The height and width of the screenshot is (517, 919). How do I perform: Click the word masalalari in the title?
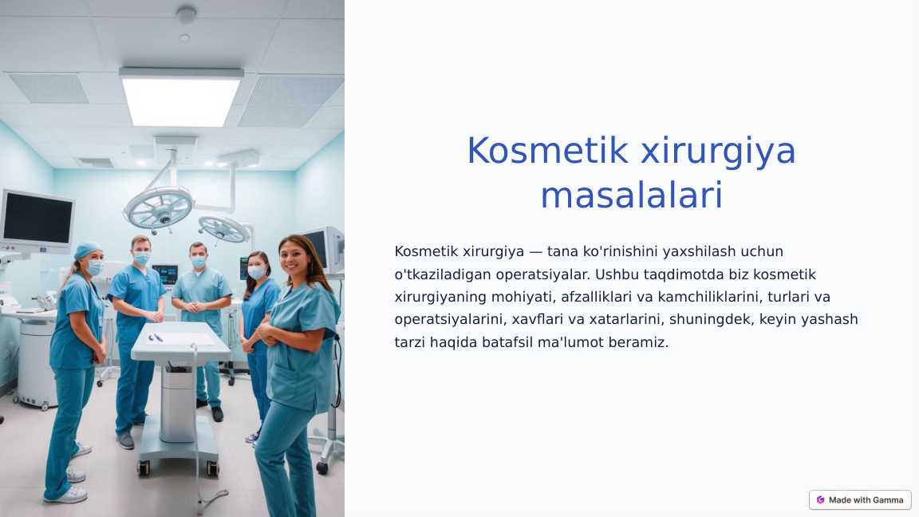coord(631,195)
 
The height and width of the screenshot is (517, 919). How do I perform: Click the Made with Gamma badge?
coord(860,499)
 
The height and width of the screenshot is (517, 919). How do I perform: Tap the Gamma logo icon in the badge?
coord(820,499)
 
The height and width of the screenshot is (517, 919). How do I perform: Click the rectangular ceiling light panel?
coord(182,97)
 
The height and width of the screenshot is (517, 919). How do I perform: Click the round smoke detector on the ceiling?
coord(186,14)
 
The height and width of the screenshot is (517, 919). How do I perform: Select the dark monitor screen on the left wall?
coord(37,218)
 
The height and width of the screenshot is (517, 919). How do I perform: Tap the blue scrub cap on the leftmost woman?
coord(86,251)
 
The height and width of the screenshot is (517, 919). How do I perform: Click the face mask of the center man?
coord(199,262)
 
